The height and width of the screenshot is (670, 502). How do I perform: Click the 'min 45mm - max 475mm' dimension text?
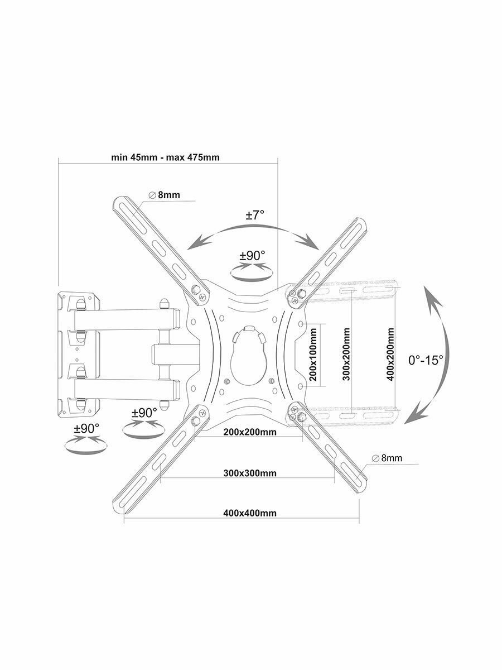pyautogui.click(x=165, y=157)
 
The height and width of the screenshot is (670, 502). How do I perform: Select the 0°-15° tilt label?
pyautogui.click(x=426, y=360)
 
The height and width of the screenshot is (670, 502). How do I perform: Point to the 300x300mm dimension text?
pyautogui.click(x=250, y=473)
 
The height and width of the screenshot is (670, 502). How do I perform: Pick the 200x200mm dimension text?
pyautogui.click(x=249, y=432)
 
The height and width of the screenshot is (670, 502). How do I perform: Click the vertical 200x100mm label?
pyautogui.click(x=313, y=355)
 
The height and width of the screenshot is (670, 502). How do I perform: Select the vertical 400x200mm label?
pyautogui.click(x=391, y=355)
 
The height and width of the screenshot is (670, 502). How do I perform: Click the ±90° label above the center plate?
pyautogui.click(x=253, y=256)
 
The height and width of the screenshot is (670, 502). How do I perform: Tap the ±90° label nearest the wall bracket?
pyautogui.click(x=86, y=428)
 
